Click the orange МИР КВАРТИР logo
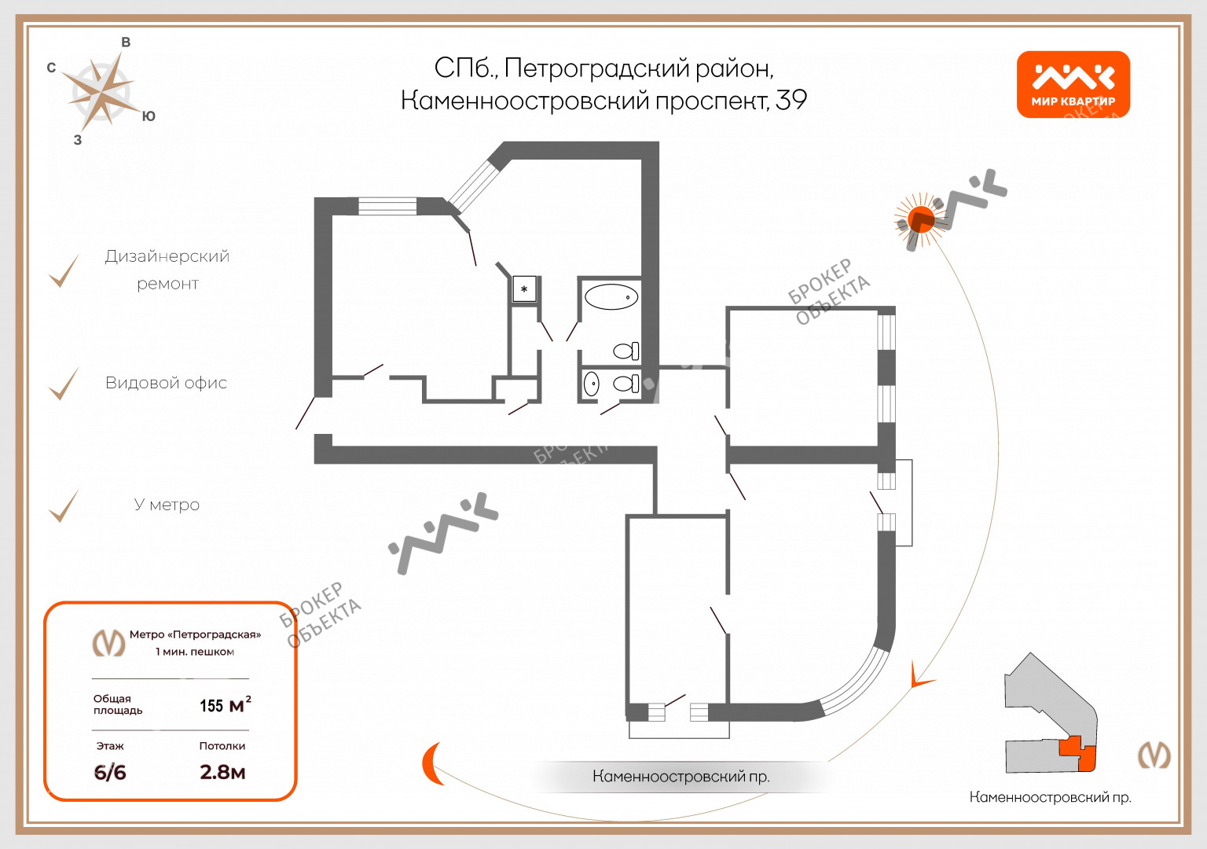point(1073,85)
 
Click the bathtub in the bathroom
point(611,297)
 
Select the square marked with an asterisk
point(524,289)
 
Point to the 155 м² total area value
point(225,705)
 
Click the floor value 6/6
point(110,772)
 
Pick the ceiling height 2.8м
point(222,772)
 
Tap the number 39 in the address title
point(791,101)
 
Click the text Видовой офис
point(166,383)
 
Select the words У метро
point(167,505)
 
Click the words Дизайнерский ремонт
point(167,270)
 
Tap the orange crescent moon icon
point(431,763)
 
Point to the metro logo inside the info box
point(108,643)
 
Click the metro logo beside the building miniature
point(1154,755)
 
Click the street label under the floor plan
point(681,777)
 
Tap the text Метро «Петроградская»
point(195,634)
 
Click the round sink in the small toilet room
point(592,384)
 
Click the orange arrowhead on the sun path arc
point(918,677)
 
